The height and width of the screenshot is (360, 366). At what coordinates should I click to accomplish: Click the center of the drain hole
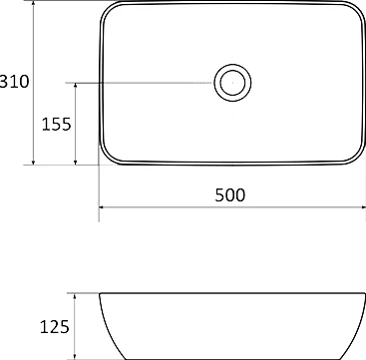[x=232, y=83]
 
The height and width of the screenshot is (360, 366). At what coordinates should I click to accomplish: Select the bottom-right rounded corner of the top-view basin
[x=355, y=158]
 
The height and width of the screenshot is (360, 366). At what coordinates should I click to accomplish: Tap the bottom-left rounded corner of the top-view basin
[x=107, y=157]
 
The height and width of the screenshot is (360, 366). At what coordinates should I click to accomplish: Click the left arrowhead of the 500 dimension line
[x=102, y=208]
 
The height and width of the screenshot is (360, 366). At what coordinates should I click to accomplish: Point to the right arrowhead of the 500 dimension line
[x=360, y=208]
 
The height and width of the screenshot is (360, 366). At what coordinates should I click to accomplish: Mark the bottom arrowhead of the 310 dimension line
[x=36, y=161]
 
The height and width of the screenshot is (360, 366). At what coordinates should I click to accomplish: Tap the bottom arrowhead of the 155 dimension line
[x=77, y=161]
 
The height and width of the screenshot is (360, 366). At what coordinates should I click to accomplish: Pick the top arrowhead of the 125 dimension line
[x=77, y=296]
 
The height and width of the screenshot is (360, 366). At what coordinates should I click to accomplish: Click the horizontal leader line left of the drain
[x=140, y=83]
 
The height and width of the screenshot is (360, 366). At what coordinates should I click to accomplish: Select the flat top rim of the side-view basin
[x=230, y=293]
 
